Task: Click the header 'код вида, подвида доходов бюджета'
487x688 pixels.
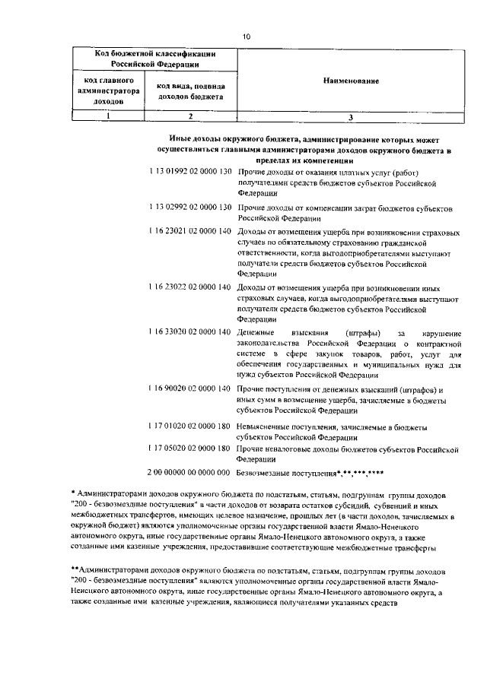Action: (x=190, y=91)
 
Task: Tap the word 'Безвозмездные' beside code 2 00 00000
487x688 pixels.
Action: (x=265, y=472)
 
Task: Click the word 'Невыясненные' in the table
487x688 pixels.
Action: (x=263, y=426)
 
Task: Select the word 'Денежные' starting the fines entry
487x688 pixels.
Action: (x=256, y=333)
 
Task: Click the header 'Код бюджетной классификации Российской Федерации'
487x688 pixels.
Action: (x=154, y=59)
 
